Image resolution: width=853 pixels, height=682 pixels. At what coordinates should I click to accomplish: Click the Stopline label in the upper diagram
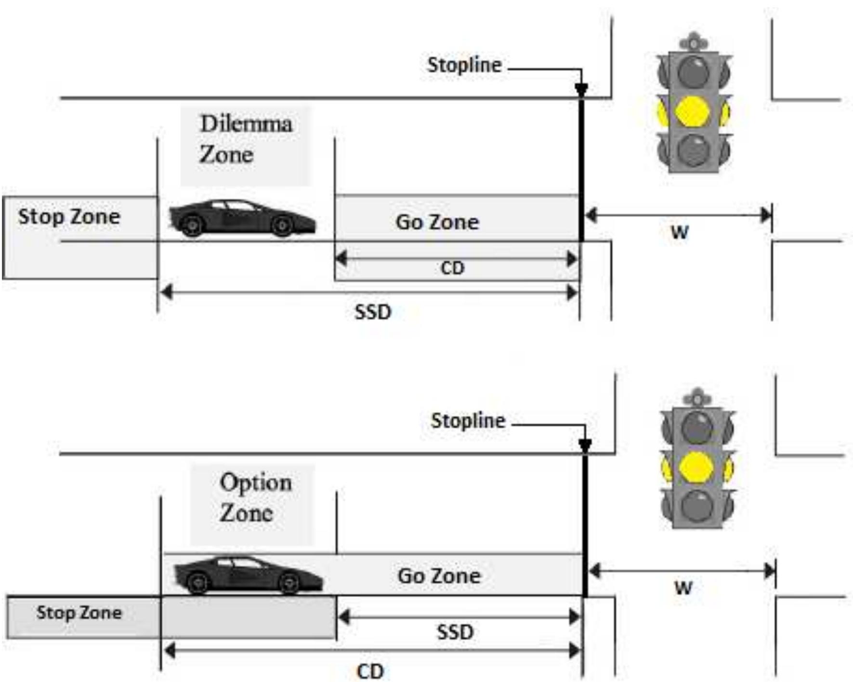pyautogui.click(x=464, y=65)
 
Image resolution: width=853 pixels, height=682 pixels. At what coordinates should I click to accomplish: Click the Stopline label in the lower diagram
pyautogui.click(x=468, y=421)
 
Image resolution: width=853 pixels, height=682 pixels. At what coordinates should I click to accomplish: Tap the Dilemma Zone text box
pyautogui.click(x=246, y=139)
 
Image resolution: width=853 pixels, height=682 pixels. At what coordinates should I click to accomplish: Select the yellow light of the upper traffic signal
pyautogui.click(x=693, y=112)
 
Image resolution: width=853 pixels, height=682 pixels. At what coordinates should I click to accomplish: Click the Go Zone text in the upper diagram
pyautogui.click(x=437, y=222)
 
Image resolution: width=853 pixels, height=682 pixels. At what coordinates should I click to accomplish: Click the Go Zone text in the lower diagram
pyautogui.click(x=439, y=576)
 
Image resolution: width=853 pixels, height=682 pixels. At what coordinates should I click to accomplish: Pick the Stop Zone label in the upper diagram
pyautogui.click(x=69, y=217)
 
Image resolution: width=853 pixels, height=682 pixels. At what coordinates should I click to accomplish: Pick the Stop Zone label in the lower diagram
pyautogui.click(x=79, y=613)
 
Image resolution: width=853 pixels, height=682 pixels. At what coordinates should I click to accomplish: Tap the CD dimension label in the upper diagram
pyautogui.click(x=453, y=268)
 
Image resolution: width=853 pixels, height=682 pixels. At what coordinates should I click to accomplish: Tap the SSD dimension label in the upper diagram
pyautogui.click(x=373, y=312)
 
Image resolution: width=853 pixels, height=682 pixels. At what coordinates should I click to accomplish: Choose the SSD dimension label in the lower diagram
pyautogui.click(x=455, y=632)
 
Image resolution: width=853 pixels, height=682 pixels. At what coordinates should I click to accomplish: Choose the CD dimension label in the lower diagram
pyautogui.click(x=370, y=671)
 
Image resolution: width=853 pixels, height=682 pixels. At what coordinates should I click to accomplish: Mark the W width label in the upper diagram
pyautogui.click(x=680, y=233)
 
